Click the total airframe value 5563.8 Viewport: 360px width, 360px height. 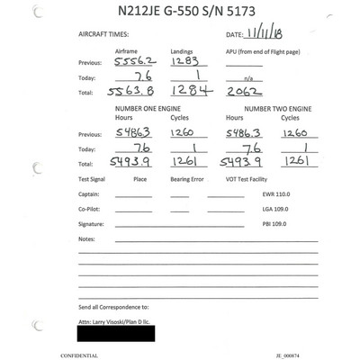point(131,92)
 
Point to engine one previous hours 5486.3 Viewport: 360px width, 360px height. point(137,131)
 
